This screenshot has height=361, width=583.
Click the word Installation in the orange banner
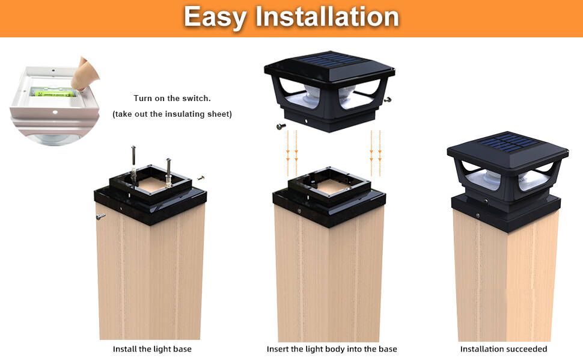coord(327,17)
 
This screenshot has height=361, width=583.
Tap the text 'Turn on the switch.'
coord(172,98)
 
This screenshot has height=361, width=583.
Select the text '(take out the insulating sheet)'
coord(172,114)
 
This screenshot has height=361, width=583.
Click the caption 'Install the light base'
coord(152,349)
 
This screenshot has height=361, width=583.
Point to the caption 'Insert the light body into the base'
coord(332,349)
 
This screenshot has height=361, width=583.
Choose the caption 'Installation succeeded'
coord(504,349)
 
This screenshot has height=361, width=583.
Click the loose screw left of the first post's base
coord(100,217)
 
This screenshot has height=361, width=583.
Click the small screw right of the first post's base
coord(201,178)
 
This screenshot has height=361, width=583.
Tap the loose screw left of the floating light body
coord(281,126)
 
